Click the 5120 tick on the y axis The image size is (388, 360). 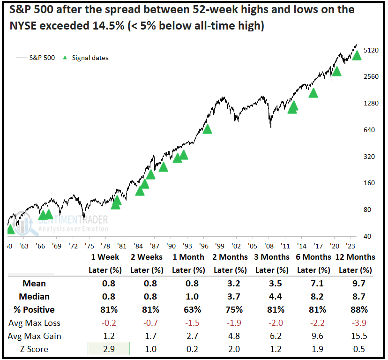[x=371, y=50]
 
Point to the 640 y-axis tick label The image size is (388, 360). [x=369, y=130]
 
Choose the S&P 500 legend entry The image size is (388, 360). [x=36, y=58]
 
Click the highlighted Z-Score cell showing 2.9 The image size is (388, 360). [x=109, y=349]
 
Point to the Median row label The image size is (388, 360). [x=34, y=296]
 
